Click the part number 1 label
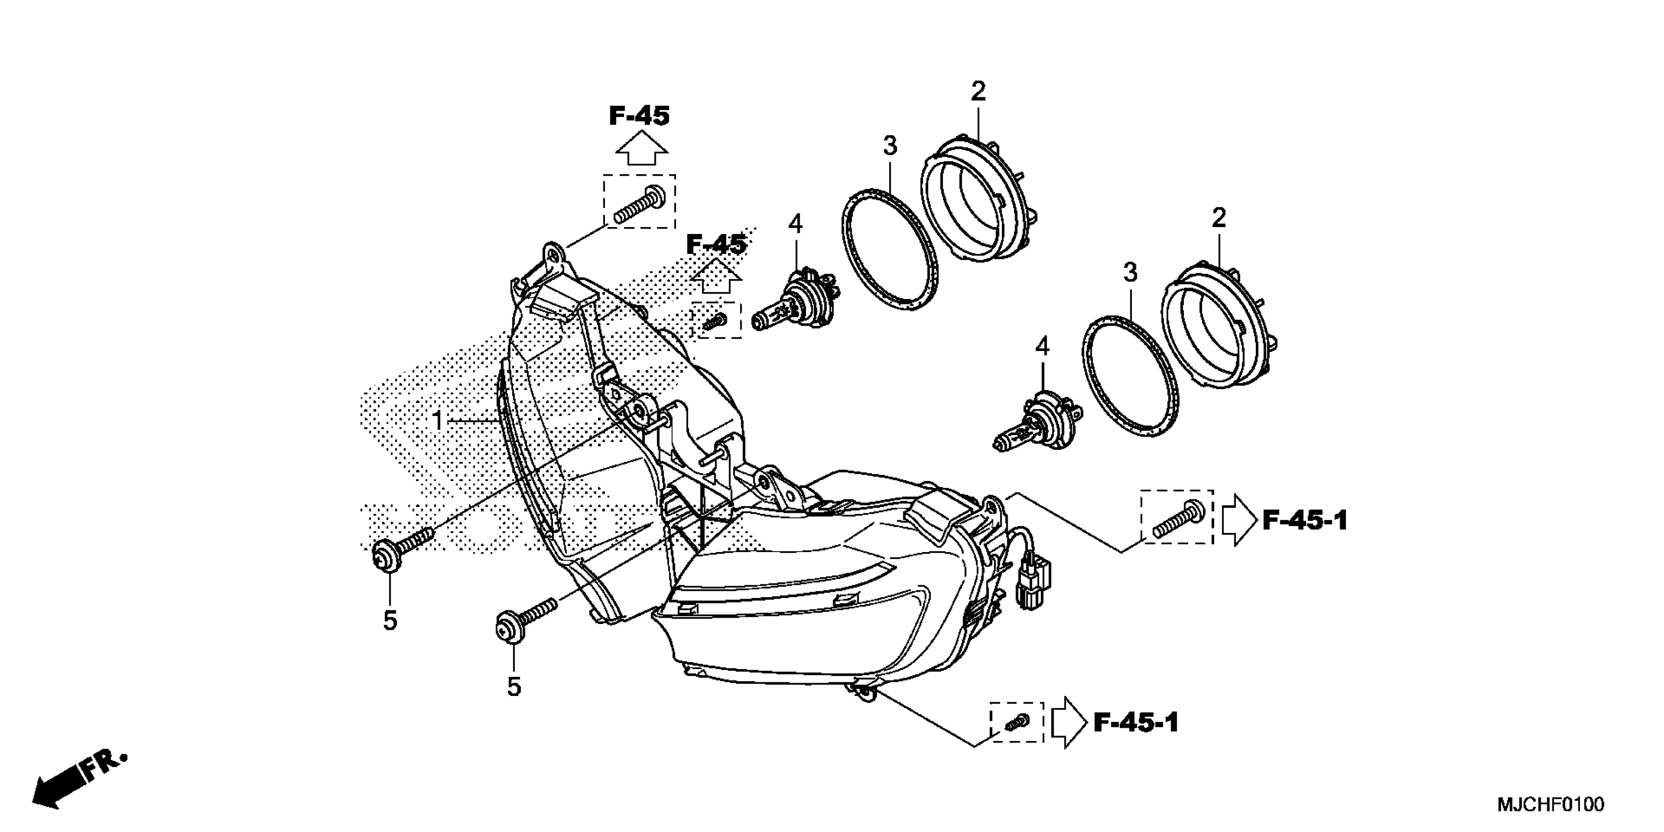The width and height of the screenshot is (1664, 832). (438, 420)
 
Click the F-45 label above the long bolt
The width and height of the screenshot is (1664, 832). (639, 116)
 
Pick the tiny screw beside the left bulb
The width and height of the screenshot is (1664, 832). (716, 321)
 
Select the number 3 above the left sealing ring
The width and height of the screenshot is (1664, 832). (890, 146)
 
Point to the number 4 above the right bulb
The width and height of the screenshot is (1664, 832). (1042, 347)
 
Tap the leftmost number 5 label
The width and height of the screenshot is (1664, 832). (390, 621)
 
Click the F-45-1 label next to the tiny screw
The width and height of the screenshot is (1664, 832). (1135, 722)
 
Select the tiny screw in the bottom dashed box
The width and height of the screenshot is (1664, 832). (1016, 722)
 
